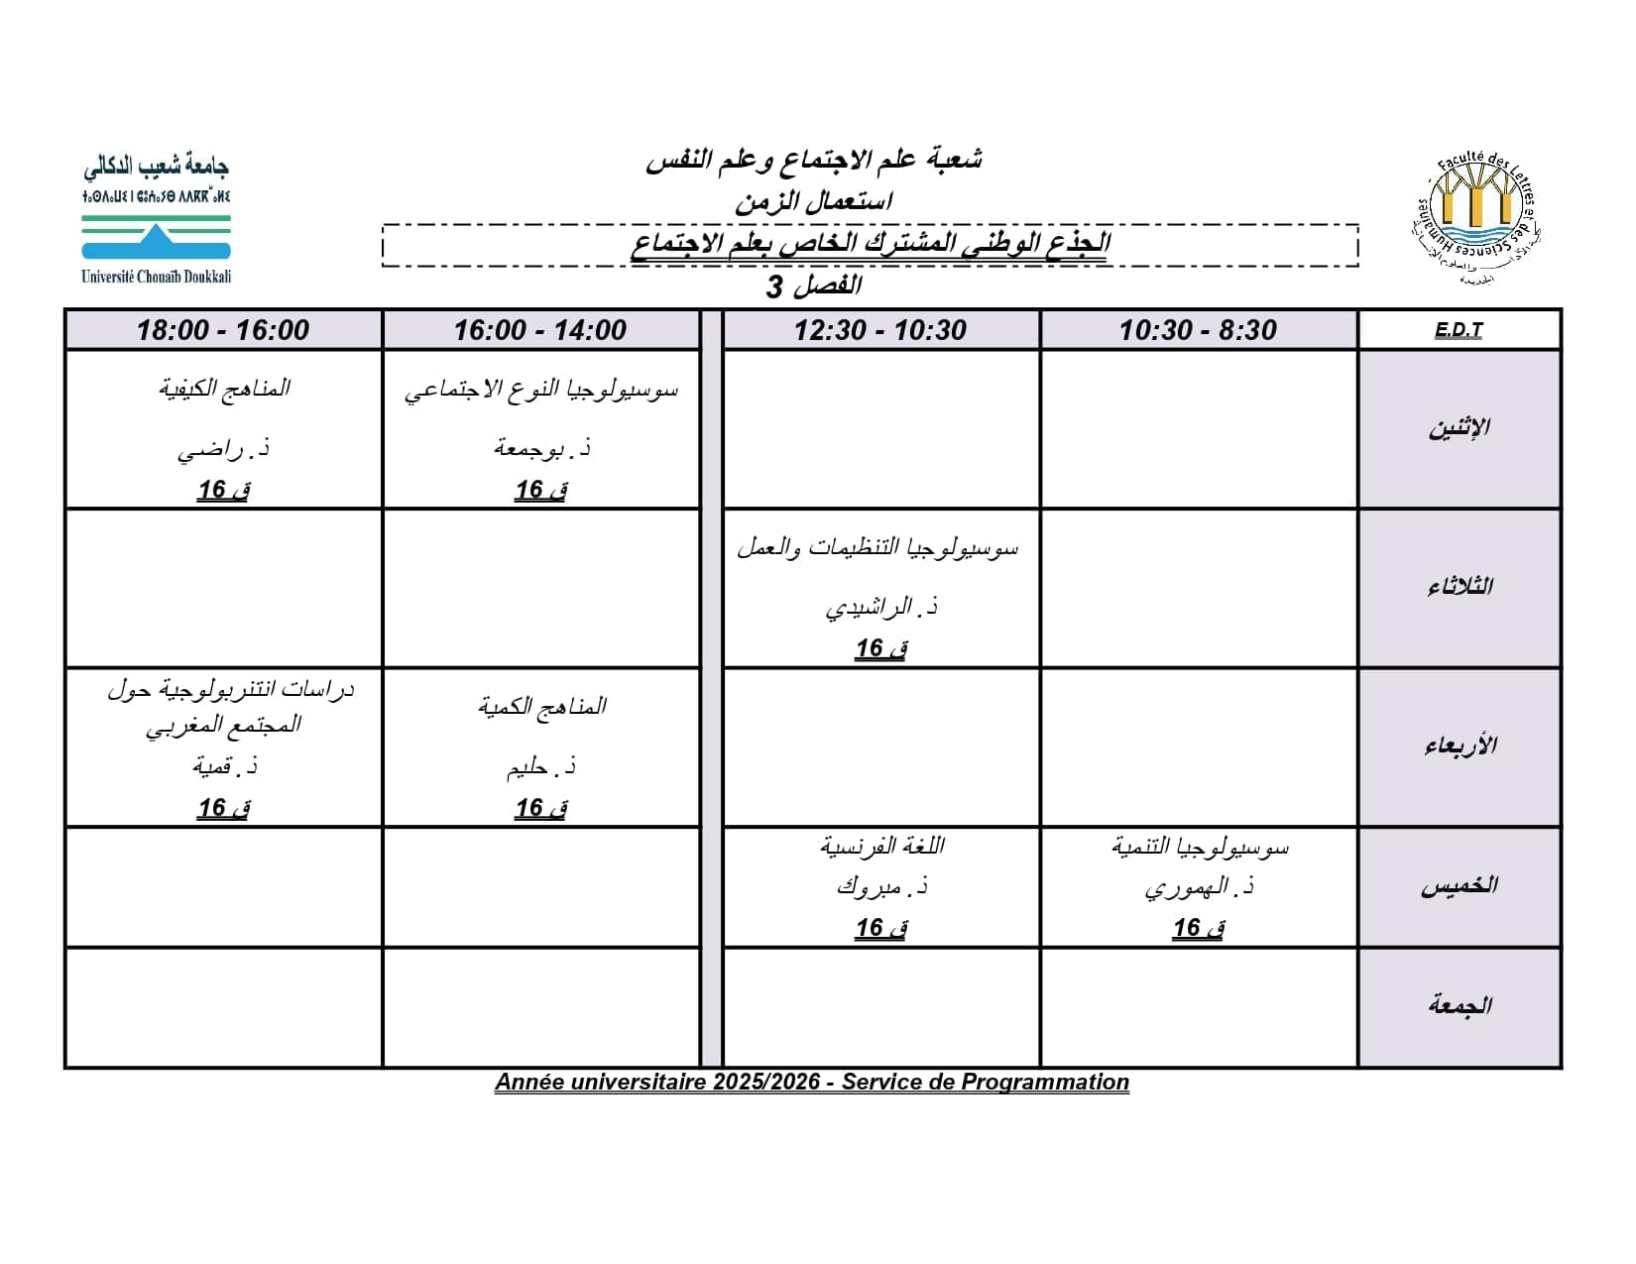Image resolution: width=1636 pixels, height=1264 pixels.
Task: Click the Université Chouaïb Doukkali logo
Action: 156,219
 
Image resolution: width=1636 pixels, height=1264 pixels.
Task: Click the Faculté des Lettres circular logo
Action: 1476,219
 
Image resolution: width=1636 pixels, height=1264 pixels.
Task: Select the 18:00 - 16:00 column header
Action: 223,330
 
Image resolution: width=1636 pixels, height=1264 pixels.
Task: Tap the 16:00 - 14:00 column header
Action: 540,330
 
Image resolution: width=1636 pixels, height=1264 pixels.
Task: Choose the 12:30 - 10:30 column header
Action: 880,330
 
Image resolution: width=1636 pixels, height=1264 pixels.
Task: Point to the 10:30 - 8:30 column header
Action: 1198,330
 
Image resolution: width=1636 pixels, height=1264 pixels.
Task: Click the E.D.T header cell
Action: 1459,330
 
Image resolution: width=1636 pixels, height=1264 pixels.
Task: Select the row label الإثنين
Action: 1459,428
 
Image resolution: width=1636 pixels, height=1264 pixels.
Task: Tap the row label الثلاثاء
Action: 1459,587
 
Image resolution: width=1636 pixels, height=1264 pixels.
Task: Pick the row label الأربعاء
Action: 1459,746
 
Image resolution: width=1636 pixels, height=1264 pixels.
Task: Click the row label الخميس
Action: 1459,886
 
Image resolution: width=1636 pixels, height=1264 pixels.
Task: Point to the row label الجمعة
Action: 1459,1005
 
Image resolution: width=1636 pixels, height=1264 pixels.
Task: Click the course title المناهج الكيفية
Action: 224,388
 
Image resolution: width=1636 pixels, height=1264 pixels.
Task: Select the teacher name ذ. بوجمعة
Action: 541,449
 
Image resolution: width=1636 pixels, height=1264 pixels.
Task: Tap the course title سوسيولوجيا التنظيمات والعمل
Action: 878,547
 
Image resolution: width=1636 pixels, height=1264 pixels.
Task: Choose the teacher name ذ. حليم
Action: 541,766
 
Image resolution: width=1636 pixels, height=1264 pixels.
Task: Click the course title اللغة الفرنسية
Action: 881,846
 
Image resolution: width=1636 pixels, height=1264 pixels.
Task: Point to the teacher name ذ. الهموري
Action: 1199,887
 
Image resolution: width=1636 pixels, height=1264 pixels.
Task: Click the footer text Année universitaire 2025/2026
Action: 657,1082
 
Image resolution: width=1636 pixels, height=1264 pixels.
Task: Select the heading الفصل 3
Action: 813,287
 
